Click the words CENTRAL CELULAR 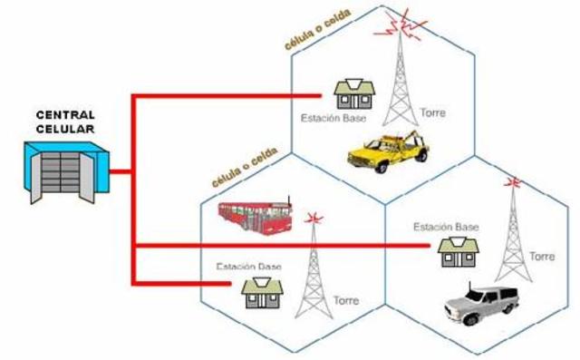[x=64, y=122]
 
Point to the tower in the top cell [x=399, y=82]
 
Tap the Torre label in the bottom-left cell [x=346, y=300]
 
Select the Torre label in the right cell [x=541, y=257]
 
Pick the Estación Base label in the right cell [x=445, y=226]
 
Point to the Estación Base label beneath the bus [x=249, y=267]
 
